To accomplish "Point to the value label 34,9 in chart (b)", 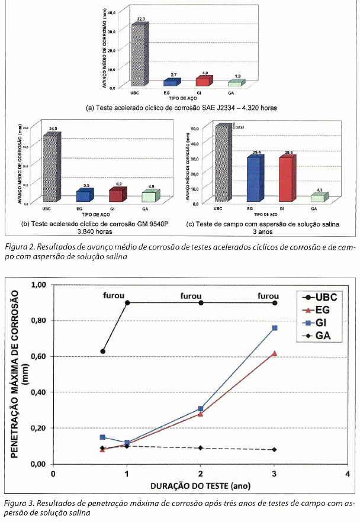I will (52, 128).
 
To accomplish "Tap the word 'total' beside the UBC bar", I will (239, 127).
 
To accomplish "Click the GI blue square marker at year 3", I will (274, 328).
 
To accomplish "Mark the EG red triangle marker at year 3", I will (274, 353).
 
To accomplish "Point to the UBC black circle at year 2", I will (201, 302).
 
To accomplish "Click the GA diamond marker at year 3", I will (274, 450).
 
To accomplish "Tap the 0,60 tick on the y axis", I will (38, 356).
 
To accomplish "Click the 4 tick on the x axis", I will (348, 473).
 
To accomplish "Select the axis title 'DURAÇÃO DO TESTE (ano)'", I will (200, 486).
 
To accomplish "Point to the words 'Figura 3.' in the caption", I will (20, 503).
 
